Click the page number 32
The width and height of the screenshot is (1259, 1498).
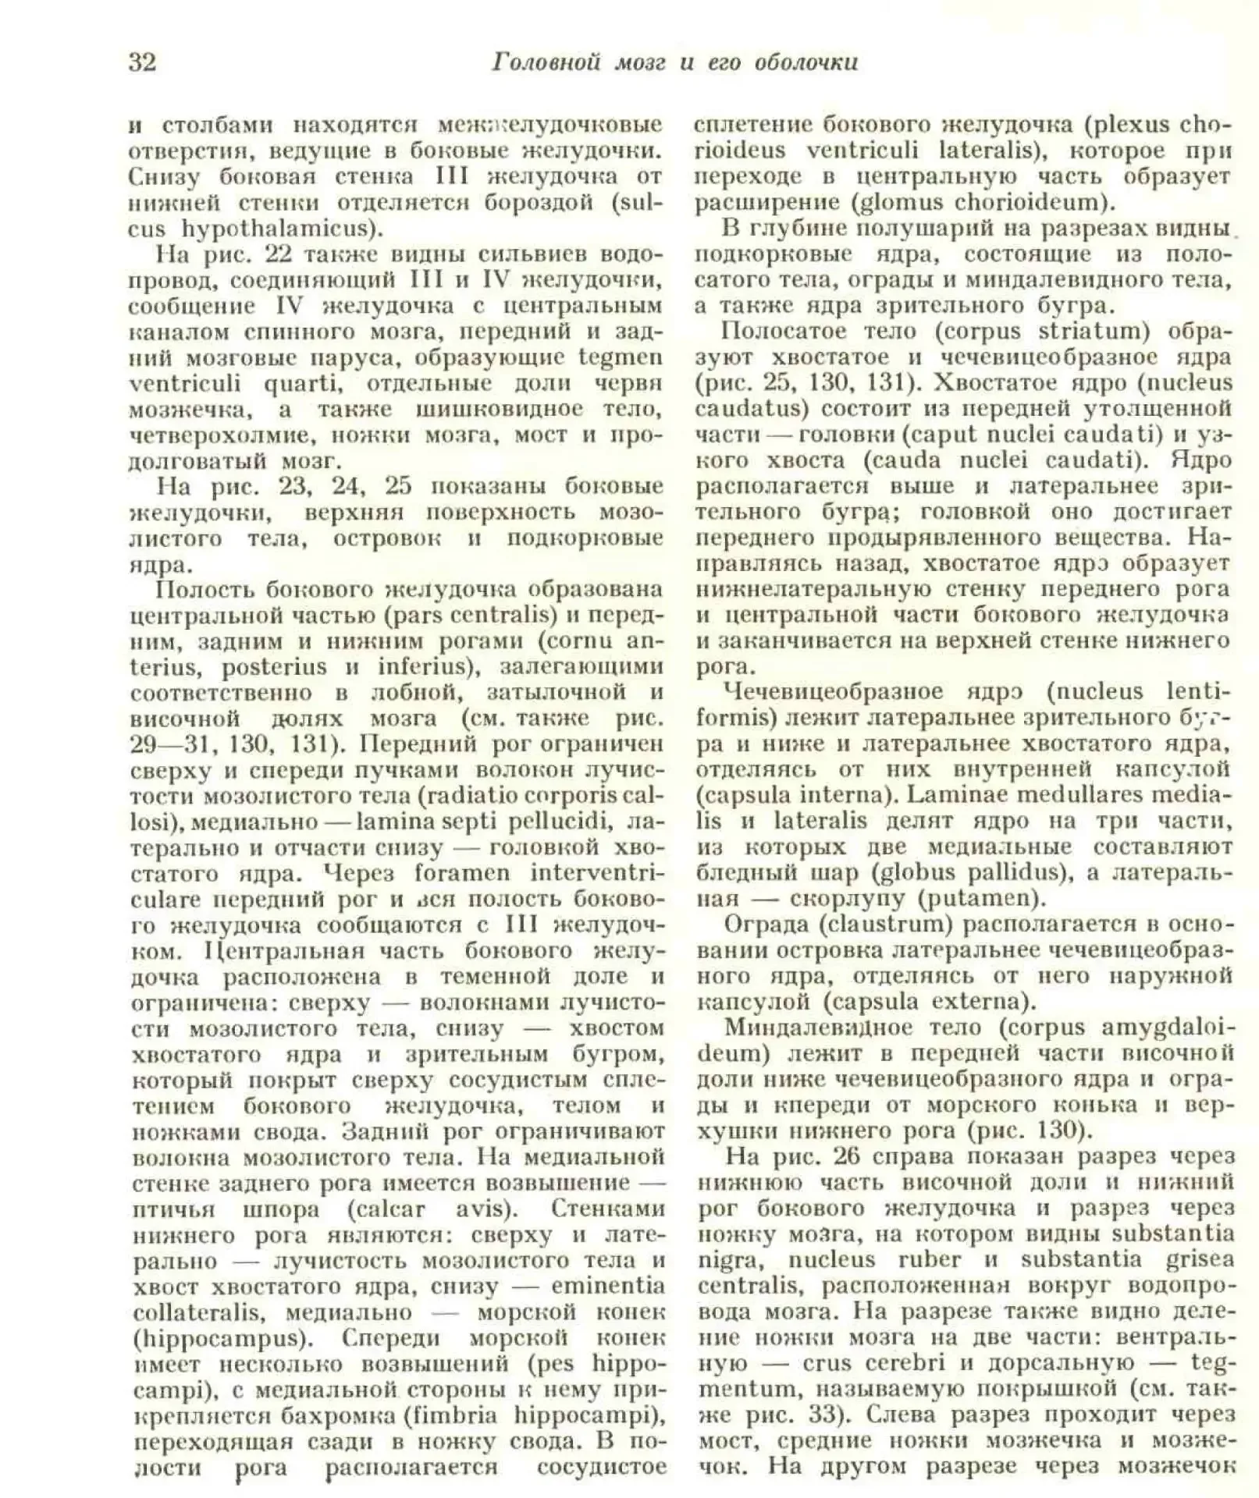click(x=142, y=62)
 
